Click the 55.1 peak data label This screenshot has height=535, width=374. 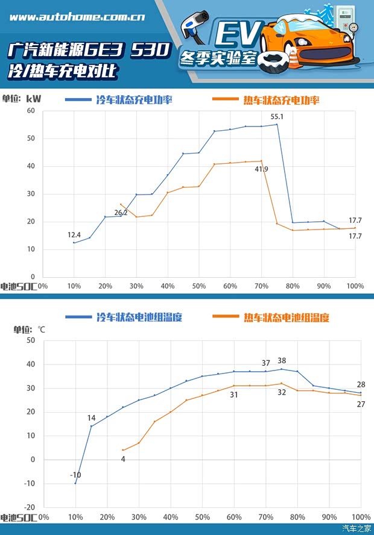(x=277, y=116)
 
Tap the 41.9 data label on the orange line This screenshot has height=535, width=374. (x=261, y=170)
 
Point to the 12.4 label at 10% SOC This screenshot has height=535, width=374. (x=74, y=234)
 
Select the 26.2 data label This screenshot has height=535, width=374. (x=121, y=213)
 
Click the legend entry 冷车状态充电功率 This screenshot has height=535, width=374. (x=134, y=100)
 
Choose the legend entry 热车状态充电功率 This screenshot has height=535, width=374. (x=281, y=100)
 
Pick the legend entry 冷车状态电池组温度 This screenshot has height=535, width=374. (x=139, y=317)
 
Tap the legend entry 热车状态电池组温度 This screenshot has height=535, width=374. (x=287, y=317)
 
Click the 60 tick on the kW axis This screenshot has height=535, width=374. (x=32, y=111)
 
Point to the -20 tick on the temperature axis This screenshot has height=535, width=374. (x=30, y=507)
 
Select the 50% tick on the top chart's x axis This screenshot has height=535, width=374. (x=199, y=286)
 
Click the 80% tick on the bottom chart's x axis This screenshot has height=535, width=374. (x=297, y=518)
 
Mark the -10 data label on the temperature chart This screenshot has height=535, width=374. (x=75, y=475)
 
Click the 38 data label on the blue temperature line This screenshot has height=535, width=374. (x=282, y=361)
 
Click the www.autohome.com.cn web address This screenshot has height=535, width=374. (x=77, y=17)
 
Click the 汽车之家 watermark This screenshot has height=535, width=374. (x=357, y=528)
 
